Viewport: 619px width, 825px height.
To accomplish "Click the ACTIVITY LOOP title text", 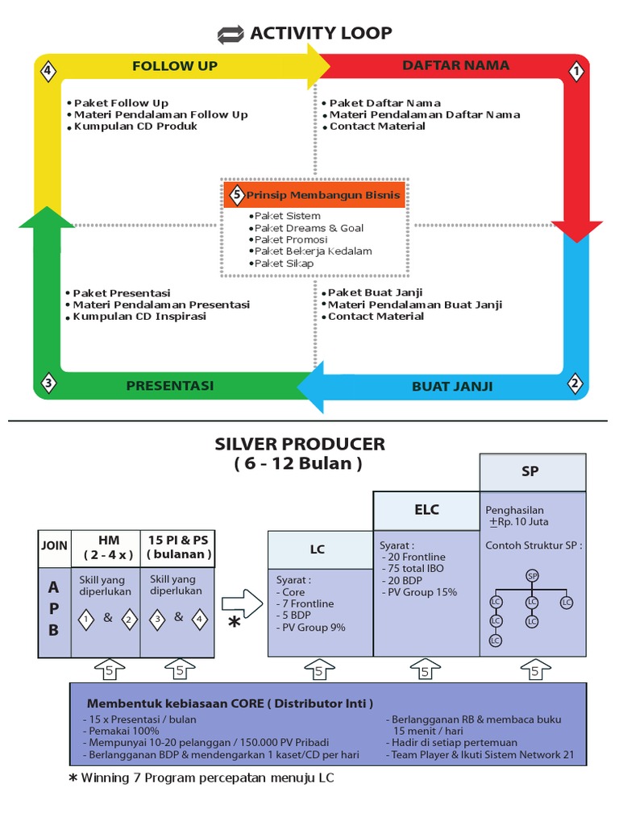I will click(x=321, y=33).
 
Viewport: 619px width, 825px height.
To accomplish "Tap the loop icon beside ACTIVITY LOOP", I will click(x=231, y=35).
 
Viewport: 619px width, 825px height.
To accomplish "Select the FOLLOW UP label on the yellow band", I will click(x=175, y=66).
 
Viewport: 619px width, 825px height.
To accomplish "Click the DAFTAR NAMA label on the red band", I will click(x=456, y=65).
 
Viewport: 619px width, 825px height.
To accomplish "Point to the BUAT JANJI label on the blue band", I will click(x=452, y=386).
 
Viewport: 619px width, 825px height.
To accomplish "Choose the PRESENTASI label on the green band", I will click(x=170, y=386).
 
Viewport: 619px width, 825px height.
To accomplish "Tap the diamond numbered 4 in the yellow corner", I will click(x=48, y=72).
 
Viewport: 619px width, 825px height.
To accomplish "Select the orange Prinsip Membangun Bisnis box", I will click(x=314, y=195).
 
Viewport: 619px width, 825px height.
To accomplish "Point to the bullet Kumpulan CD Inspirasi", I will click(x=139, y=317).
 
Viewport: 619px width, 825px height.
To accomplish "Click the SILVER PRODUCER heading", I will click(x=300, y=444).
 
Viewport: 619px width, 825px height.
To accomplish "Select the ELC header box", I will click(x=426, y=510).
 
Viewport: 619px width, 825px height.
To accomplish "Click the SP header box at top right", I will click(x=530, y=472).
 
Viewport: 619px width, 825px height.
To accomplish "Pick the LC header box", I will click(x=318, y=549).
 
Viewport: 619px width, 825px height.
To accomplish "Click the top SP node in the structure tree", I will click(x=532, y=575).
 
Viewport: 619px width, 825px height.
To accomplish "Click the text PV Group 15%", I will click(x=422, y=592).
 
